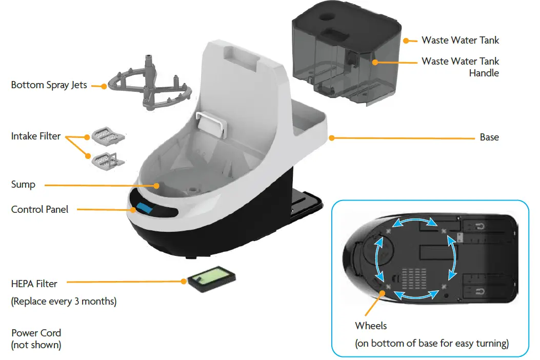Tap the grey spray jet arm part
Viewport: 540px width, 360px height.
click(x=149, y=87)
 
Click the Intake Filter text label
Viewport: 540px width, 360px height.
click(x=36, y=136)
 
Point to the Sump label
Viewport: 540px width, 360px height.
click(x=23, y=185)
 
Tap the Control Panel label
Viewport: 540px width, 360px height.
click(x=39, y=209)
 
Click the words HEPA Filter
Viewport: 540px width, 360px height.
click(x=34, y=284)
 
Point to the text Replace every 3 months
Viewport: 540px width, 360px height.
click(x=64, y=301)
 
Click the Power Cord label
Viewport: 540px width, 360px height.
click(x=36, y=333)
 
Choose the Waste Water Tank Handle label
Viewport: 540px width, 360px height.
click(x=460, y=67)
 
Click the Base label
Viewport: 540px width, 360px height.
click(x=489, y=137)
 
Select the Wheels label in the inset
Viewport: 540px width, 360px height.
click(x=371, y=326)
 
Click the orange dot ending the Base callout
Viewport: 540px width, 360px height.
click(x=332, y=137)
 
